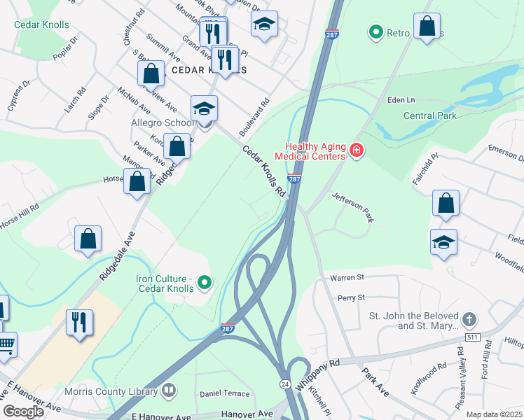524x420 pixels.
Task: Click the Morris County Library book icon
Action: click(x=168, y=390)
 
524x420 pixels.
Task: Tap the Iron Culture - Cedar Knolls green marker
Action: click(x=205, y=283)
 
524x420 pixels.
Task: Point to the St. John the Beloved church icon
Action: click(x=469, y=321)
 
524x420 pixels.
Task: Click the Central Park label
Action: click(x=429, y=115)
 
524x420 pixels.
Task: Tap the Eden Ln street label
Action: click(x=402, y=101)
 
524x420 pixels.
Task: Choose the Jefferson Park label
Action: click(x=352, y=207)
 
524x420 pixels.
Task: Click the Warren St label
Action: click(x=347, y=277)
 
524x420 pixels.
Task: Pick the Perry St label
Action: click(x=351, y=297)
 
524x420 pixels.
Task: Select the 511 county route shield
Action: click(x=474, y=337)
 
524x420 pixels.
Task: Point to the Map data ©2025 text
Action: click(x=493, y=414)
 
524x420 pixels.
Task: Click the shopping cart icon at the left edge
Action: click(x=5, y=344)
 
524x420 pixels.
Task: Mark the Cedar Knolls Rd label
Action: click(x=264, y=170)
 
